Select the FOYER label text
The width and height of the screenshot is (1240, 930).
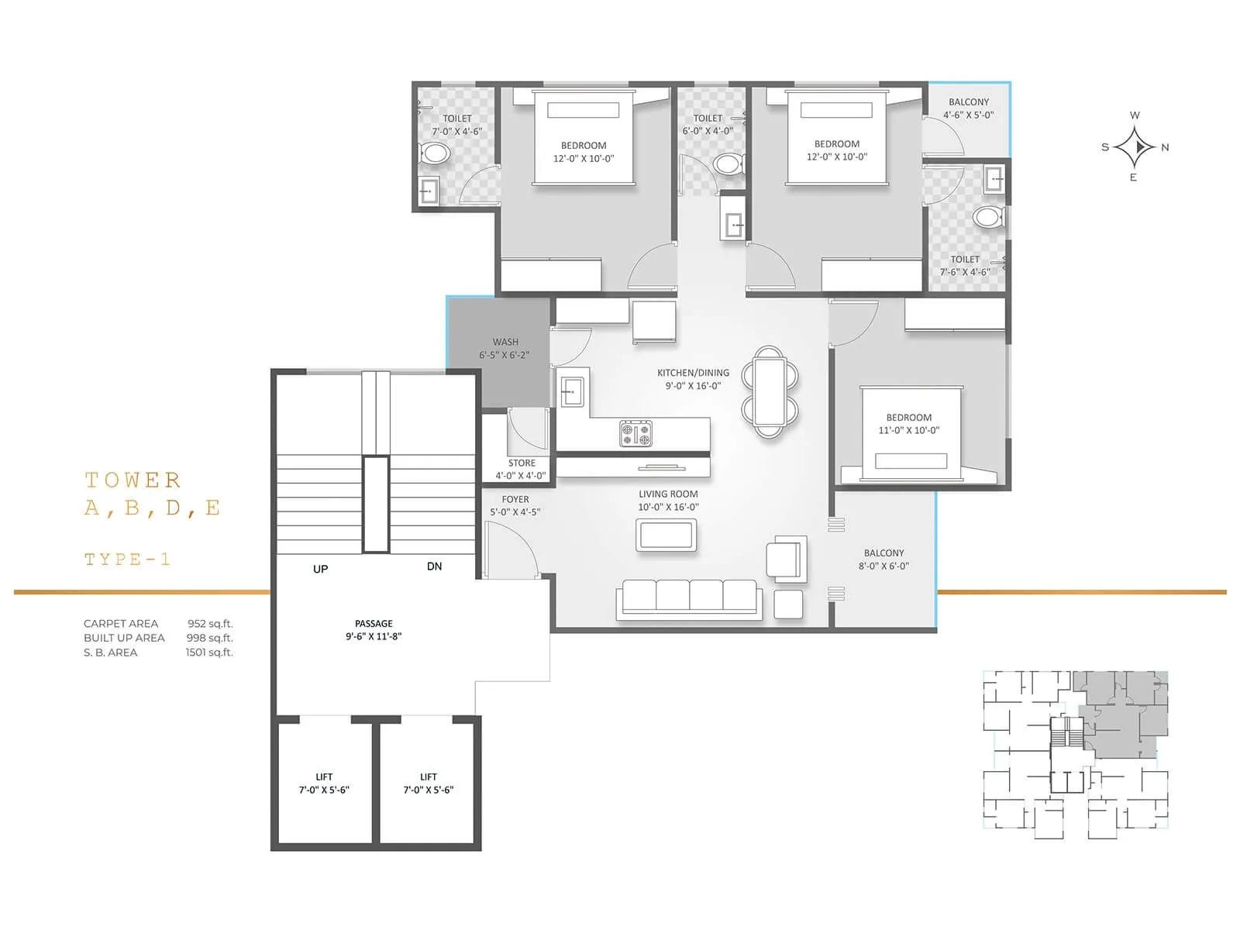click(x=515, y=500)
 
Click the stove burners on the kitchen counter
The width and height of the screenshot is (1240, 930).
click(x=635, y=433)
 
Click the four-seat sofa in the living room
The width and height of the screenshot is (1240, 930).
click(x=689, y=599)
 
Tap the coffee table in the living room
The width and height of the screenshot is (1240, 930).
click(x=666, y=535)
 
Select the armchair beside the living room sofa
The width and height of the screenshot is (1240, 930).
click(x=786, y=557)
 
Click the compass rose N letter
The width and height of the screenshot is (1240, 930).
click(x=1165, y=147)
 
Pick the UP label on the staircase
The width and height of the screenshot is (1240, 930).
click(x=320, y=569)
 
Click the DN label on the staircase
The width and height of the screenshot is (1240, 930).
click(x=434, y=567)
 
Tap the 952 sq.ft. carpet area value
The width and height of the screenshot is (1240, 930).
click(x=209, y=624)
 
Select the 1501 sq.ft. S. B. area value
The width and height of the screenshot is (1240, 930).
click(x=208, y=653)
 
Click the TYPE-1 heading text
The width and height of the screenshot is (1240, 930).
click(x=127, y=560)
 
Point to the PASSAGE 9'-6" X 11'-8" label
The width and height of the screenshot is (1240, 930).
click(x=374, y=629)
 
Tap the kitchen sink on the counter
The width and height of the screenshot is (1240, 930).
click(x=572, y=391)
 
